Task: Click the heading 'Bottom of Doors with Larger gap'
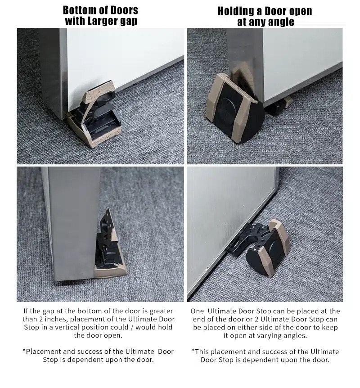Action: [x=100, y=15]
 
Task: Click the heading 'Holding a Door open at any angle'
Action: [x=265, y=16]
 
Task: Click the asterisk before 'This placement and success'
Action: [x=193, y=352]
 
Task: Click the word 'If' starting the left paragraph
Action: [x=26, y=311]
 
